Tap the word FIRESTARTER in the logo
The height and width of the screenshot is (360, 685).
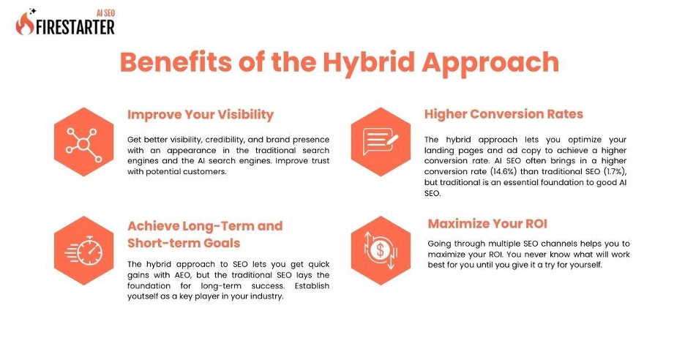click(75, 27)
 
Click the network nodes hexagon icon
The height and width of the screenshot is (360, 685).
click(84, 142)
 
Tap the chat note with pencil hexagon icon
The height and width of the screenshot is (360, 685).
click(381, 142)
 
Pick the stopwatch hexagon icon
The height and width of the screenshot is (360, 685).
click(84, 250)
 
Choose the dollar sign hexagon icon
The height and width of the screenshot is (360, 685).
click(381, 250)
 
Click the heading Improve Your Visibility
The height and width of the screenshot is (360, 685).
click(201, 115)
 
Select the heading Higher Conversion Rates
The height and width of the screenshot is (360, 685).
click(504, 114)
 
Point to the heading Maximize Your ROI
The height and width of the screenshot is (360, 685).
click(487, 224)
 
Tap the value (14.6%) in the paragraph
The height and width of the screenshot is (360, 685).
click(504, 172)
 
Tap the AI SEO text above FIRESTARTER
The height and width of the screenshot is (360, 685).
click(106, 13)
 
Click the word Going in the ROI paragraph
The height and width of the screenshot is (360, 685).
click(439, 244)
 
